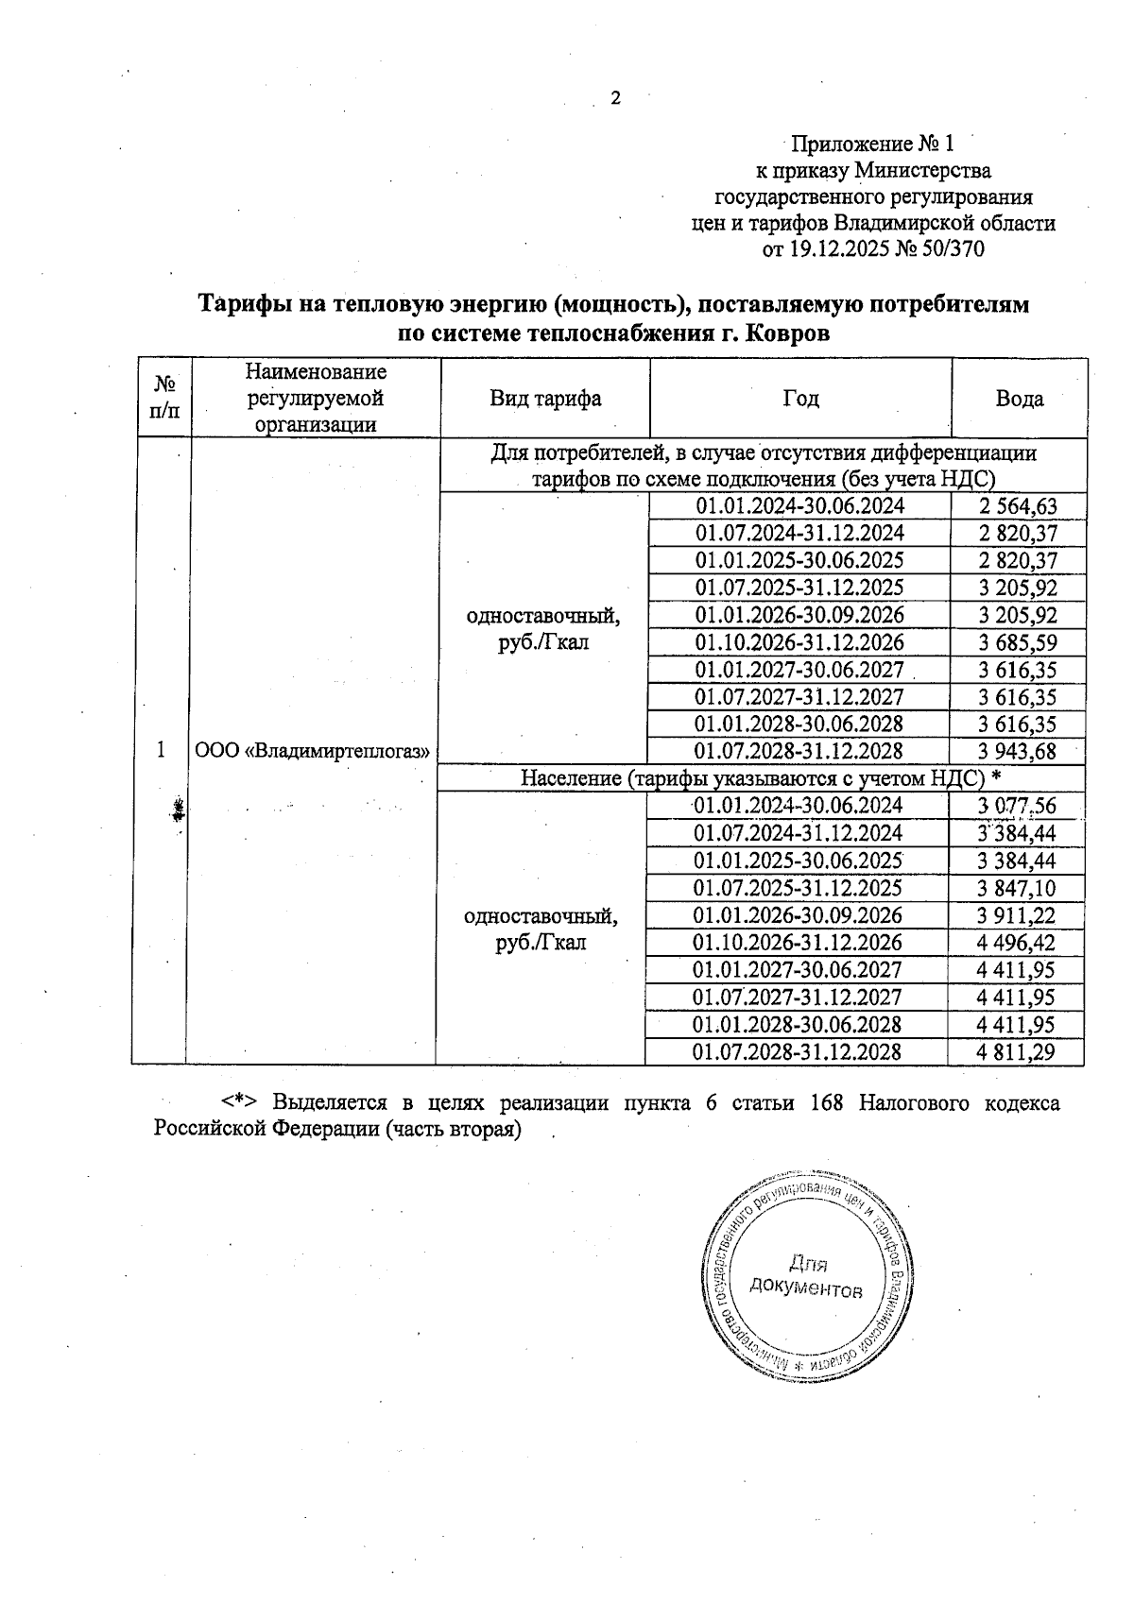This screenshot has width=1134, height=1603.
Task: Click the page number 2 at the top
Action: tap(615, 98)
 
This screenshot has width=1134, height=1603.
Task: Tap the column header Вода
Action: tap(1019, 399)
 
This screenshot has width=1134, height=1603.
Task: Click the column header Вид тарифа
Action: tap(545, 399)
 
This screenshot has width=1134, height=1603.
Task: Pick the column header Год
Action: tap(799, 399)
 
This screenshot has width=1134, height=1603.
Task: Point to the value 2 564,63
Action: tap(1018, 506)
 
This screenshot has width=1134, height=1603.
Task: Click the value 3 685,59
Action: tap(1018, 643)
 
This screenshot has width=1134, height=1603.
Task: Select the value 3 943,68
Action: tap(1018, 752)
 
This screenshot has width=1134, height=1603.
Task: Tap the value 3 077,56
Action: tap(1017, 806)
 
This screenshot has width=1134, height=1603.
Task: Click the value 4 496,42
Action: tap(1017, 943)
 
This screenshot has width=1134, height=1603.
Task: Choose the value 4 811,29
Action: tap(1017, 1052)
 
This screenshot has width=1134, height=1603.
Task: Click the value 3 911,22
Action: tap(1017, 915)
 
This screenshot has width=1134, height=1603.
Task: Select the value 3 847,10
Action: tap(1017, 888)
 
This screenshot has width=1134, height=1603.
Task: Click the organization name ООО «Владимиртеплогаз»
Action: tap(312, 752)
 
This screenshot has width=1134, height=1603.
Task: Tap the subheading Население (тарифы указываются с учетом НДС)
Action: tap(752, 778)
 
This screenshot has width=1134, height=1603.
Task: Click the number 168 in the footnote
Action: tap(828, 1103)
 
